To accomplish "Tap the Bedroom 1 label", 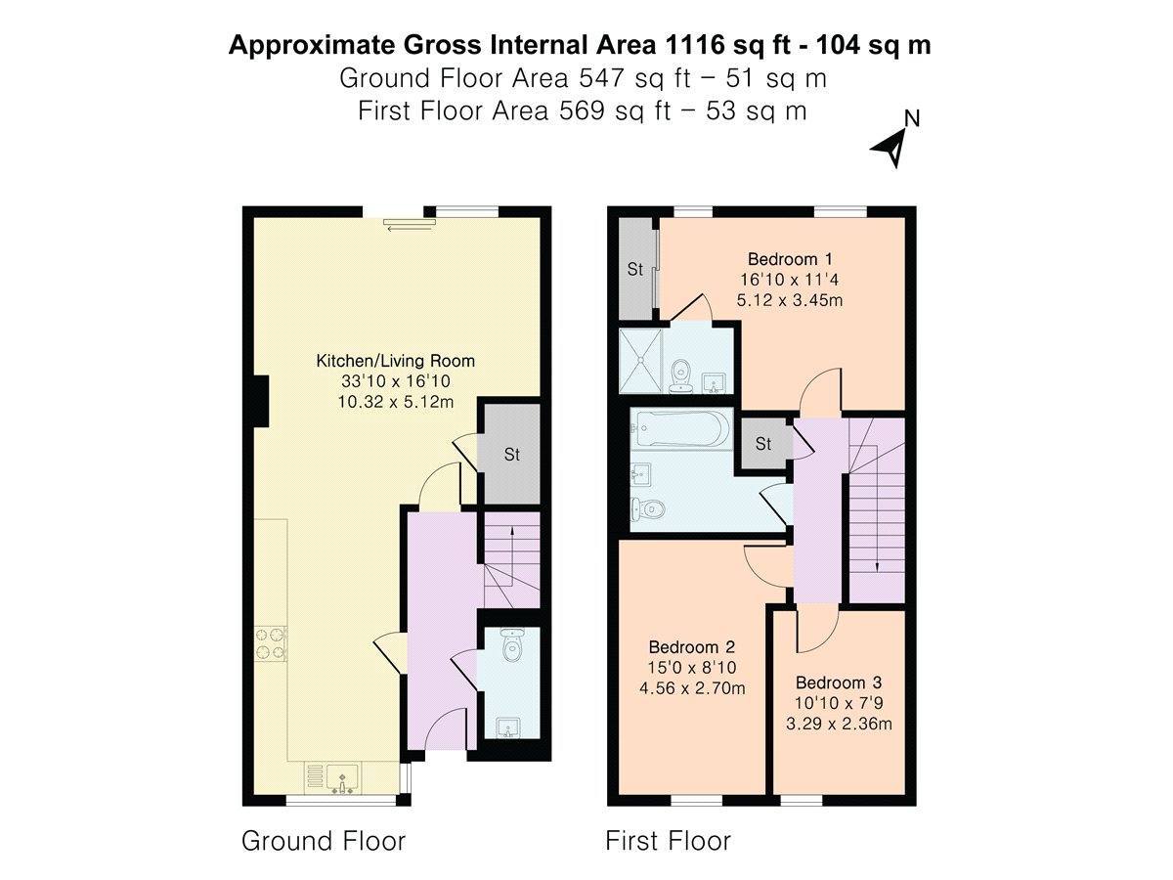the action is point(790,260).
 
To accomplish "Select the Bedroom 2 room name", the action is point(691,647).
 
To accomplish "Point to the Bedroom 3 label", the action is point(839,682).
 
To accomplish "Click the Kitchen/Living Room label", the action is point(396,361).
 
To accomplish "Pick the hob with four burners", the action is point(271,643).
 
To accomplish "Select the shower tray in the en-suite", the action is point(640,361).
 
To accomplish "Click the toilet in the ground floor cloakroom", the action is point(511,645).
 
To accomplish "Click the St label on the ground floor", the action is point(511,455).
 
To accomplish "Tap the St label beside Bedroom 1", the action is point(634,269).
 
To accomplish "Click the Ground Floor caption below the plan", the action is point(324,841).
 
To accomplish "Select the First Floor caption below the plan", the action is point(668,841).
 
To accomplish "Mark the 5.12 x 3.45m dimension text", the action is point(790,300).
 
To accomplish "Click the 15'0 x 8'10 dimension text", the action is point(692,668).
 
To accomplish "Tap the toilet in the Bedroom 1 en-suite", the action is point(680,375).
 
